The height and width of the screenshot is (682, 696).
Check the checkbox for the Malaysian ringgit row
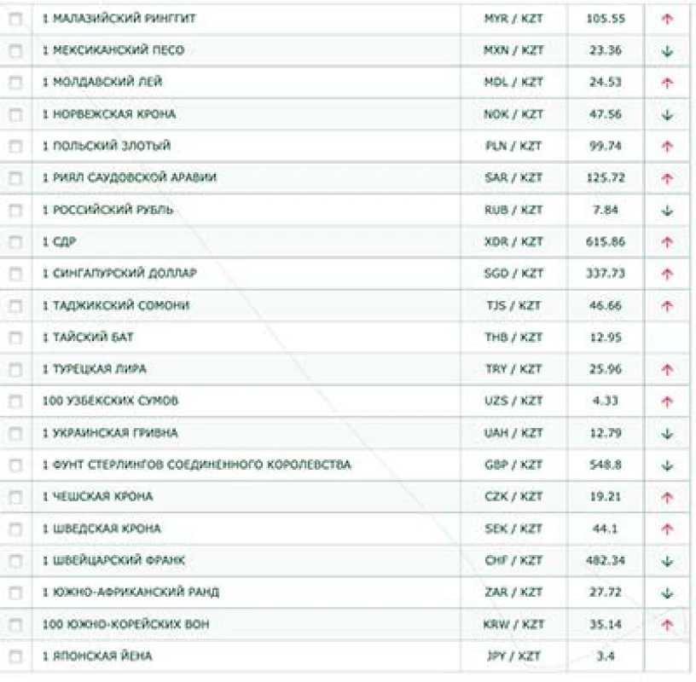pos(15,19)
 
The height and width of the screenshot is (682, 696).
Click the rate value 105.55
pos(606,19)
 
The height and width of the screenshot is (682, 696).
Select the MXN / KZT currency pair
pos(513,50)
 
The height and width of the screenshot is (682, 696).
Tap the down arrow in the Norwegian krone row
pos(667,115)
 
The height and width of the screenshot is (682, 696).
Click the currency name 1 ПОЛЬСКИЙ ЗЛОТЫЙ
pos(106,146)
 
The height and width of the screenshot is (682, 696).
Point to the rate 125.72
pos(606,177)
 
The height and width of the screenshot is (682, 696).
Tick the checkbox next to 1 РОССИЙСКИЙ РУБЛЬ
pos(15,210)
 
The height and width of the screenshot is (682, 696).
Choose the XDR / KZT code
pos(513,242)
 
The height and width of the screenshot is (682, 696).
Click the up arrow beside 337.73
pos(667,274)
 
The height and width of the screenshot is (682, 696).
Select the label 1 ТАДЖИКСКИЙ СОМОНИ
pos(116,305)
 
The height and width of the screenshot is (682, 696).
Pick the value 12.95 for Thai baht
pos(606,338)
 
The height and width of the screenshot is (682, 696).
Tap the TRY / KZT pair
pos(513,369)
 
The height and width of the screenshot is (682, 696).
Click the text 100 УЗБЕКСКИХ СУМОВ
pos(110,401)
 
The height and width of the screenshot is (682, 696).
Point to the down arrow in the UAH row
pos(667,433)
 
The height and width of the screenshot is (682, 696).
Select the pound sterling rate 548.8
pos(606,465)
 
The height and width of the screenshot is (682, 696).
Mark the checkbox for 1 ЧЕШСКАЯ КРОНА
pos(15,497)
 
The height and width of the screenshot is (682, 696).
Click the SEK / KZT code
pos(513,529)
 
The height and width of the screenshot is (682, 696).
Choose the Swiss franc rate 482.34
pos(606,560)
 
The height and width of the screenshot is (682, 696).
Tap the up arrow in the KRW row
pos(667,625)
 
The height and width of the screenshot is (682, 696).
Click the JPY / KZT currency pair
pos(513,656)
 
